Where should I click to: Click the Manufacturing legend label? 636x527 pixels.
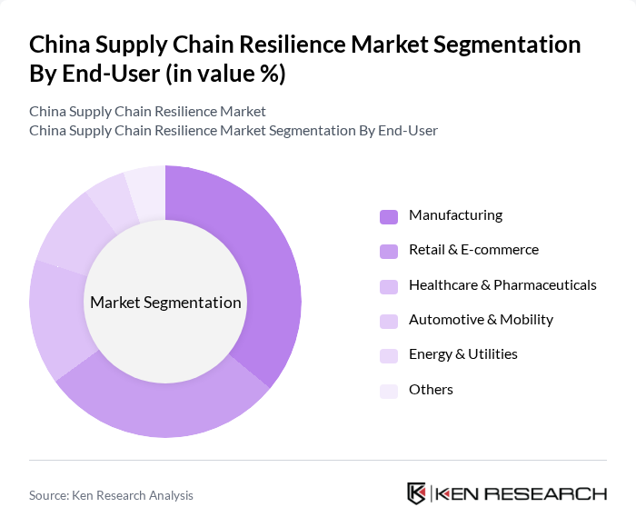pyautogui.click(x=455, y=215)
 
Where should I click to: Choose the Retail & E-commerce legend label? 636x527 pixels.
pyautogui.click(x=473, y=250)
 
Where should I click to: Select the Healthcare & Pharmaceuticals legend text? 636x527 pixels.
pyautogui.click(x=502, y=285)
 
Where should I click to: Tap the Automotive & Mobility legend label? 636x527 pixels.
pyautogui.click(x=481, y=320)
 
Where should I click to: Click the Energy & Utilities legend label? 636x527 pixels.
pyautogui.click(x=463, y=354)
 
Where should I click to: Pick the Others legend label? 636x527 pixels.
pyautogui.click(x=431, y=390)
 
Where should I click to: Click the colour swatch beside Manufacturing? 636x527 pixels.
pyautogui.click(x=389, y=216)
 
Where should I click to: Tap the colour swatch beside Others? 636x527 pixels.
pyautogui.click(x=389, y=391)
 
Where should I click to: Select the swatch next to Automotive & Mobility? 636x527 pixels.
pyautogui.click(x=389, y=321)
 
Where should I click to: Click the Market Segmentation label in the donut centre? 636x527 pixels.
pyautogui.click(x=165, y=303)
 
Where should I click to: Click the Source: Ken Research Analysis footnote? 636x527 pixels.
pyautogui.click(x=111, y=495)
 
